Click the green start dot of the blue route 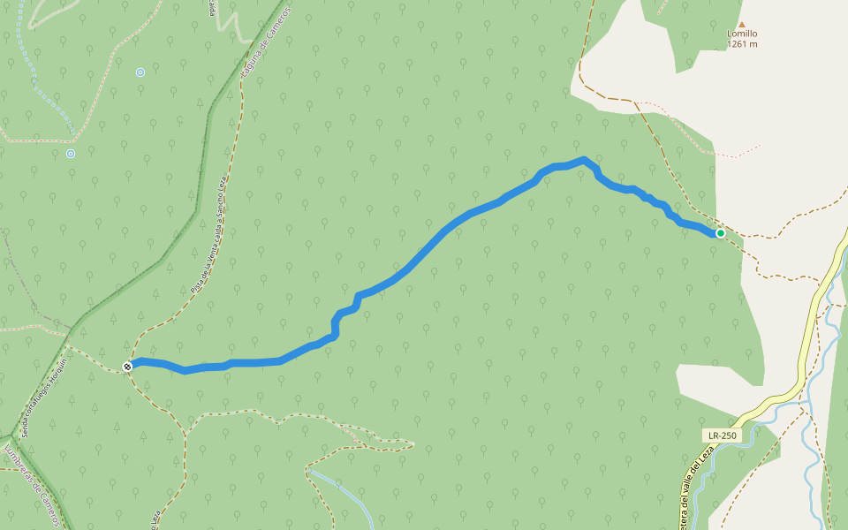pos(720,233)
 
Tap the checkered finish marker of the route pos(128,367)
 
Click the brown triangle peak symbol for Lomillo pos(742,25)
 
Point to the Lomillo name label pos(742,34)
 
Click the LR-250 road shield pos(722,435)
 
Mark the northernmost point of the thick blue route pos(584,160)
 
